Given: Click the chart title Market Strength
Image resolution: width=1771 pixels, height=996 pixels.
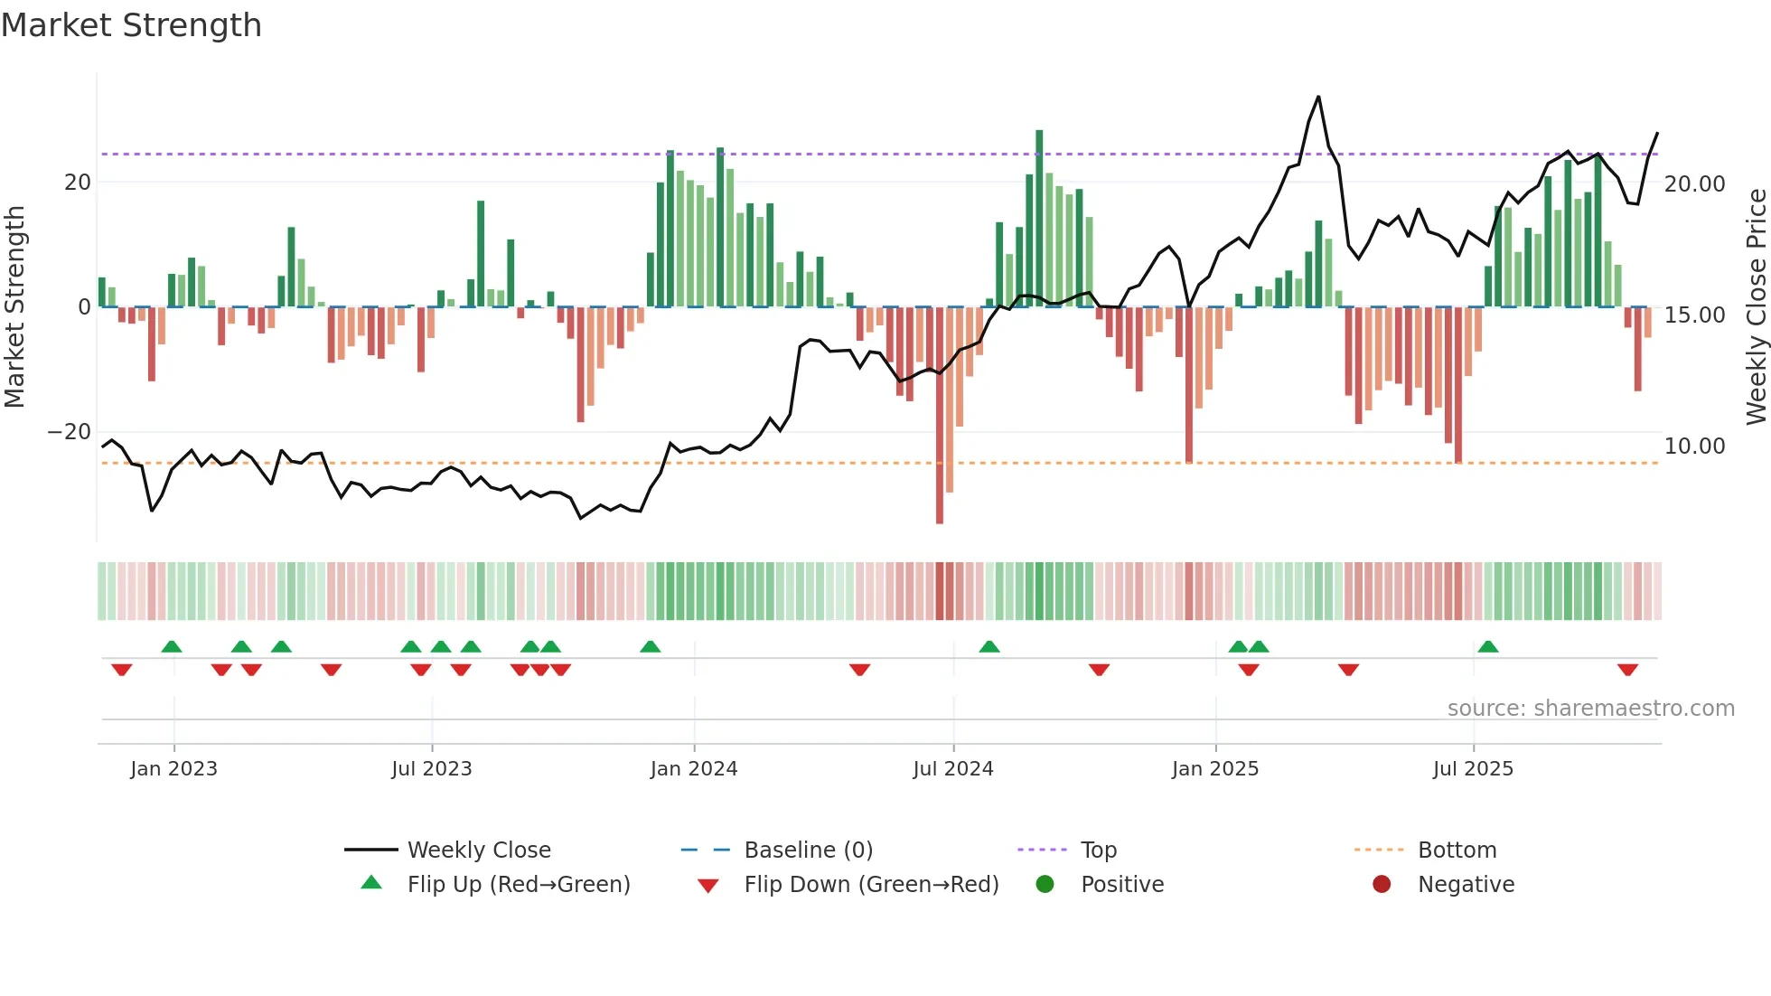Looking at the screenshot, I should click(131, 25).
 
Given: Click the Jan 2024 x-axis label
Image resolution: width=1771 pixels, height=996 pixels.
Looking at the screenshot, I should click(693, 769).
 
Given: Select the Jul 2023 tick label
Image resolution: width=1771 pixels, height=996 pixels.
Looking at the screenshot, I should click(431, 769).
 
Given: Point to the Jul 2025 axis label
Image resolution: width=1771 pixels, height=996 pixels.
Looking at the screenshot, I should click(1472, 769).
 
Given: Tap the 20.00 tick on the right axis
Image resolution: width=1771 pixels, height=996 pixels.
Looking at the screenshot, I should click(1694, 183).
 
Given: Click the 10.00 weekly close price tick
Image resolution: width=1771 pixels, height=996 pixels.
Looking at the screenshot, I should click(1694, 446).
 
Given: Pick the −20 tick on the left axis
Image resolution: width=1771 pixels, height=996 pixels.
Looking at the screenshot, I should click(69, 432).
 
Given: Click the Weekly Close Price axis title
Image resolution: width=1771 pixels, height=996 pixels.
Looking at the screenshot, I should click(1756, 307).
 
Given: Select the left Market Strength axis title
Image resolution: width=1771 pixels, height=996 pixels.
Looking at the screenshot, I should click(15, 307).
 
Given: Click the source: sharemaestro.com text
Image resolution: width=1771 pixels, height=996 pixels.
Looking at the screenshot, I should click(1590, 709).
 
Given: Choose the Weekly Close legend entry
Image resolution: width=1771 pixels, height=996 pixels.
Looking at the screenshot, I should click(478, 850).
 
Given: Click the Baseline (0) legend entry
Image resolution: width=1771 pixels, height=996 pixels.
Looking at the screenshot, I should click(808, 850).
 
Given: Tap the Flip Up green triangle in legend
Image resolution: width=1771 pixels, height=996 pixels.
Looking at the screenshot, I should click(371, 883).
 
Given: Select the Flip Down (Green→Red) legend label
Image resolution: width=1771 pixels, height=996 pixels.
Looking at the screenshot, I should click(871, 885).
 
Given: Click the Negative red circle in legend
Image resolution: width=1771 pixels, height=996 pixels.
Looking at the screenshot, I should click(1381, 884).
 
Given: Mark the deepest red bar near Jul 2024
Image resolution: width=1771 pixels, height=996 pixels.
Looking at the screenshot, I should click(940, 416).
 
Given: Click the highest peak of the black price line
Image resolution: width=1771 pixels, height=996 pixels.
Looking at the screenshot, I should click(1318, 97).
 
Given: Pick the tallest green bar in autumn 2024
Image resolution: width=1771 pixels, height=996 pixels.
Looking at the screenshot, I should click(1039, 217).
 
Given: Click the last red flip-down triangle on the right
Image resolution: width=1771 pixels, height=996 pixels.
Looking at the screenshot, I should click(1627, 670).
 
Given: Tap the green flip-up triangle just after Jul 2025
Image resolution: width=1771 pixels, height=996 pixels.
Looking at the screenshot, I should click(1488, 646).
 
